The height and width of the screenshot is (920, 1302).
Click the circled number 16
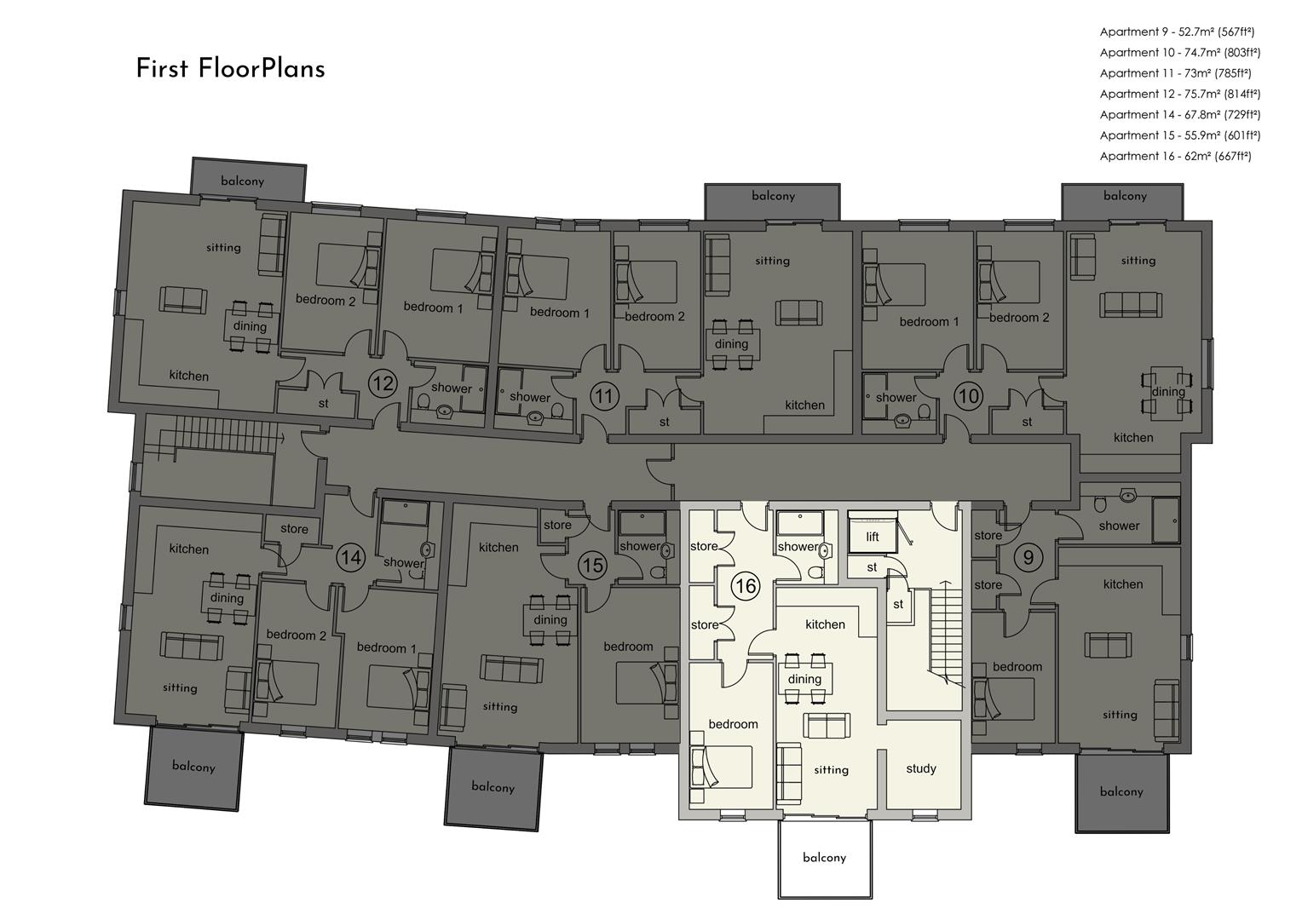coord(746,585)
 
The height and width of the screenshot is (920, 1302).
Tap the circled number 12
coord(383,383)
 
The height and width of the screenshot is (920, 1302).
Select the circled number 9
coord(1028,558)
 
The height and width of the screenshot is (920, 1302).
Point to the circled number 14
coord(351,558)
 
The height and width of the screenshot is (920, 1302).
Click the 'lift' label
coord(873,537)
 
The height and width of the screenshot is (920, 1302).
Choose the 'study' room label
coord(921,769)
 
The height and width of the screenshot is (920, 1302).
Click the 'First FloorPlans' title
coord(230,69)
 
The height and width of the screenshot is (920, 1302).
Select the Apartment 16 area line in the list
coord(1175,156)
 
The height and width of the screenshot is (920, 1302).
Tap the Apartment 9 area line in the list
coord(1177,32)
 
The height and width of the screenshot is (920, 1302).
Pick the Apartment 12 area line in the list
coord(1180,94)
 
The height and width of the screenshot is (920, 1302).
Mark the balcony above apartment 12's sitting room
coord(248,180)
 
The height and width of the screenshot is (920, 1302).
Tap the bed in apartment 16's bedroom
coord(721,768)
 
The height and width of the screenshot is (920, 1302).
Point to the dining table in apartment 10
coord(1167,391)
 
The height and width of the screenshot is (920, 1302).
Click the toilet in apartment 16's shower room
coord(815,572)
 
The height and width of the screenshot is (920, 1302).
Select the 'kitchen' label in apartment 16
coord(825,624)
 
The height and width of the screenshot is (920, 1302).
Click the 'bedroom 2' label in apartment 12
coord(325,301)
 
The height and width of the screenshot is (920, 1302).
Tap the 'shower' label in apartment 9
coord(1119,526)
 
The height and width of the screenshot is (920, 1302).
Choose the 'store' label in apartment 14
coord(294,529)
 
